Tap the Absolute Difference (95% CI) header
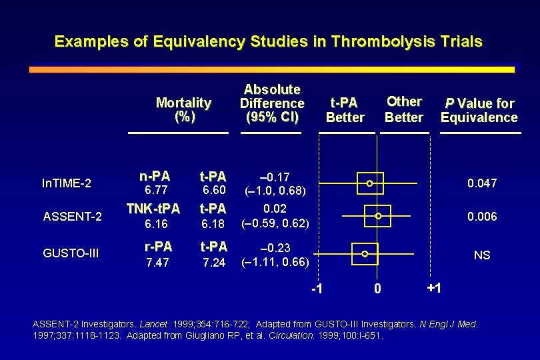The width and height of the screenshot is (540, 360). [272, 103]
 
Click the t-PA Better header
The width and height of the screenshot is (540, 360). [345, 110]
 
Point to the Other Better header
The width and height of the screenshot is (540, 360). [404, 109]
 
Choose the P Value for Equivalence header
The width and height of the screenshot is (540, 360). [479, 110]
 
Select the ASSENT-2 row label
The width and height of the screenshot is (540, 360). [72, 216]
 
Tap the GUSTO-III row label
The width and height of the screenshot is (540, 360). [72, 254]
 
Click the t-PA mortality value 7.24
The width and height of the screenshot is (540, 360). [214, 263]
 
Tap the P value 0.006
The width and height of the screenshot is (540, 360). [481, 217]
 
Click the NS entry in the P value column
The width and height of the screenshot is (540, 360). [481, 255]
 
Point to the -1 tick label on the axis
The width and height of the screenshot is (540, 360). [317, 289]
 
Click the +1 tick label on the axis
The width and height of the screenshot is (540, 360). [433, 288]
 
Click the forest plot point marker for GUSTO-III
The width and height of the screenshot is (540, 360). [365, 254]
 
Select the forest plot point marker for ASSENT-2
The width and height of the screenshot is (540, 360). [378, 216]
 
